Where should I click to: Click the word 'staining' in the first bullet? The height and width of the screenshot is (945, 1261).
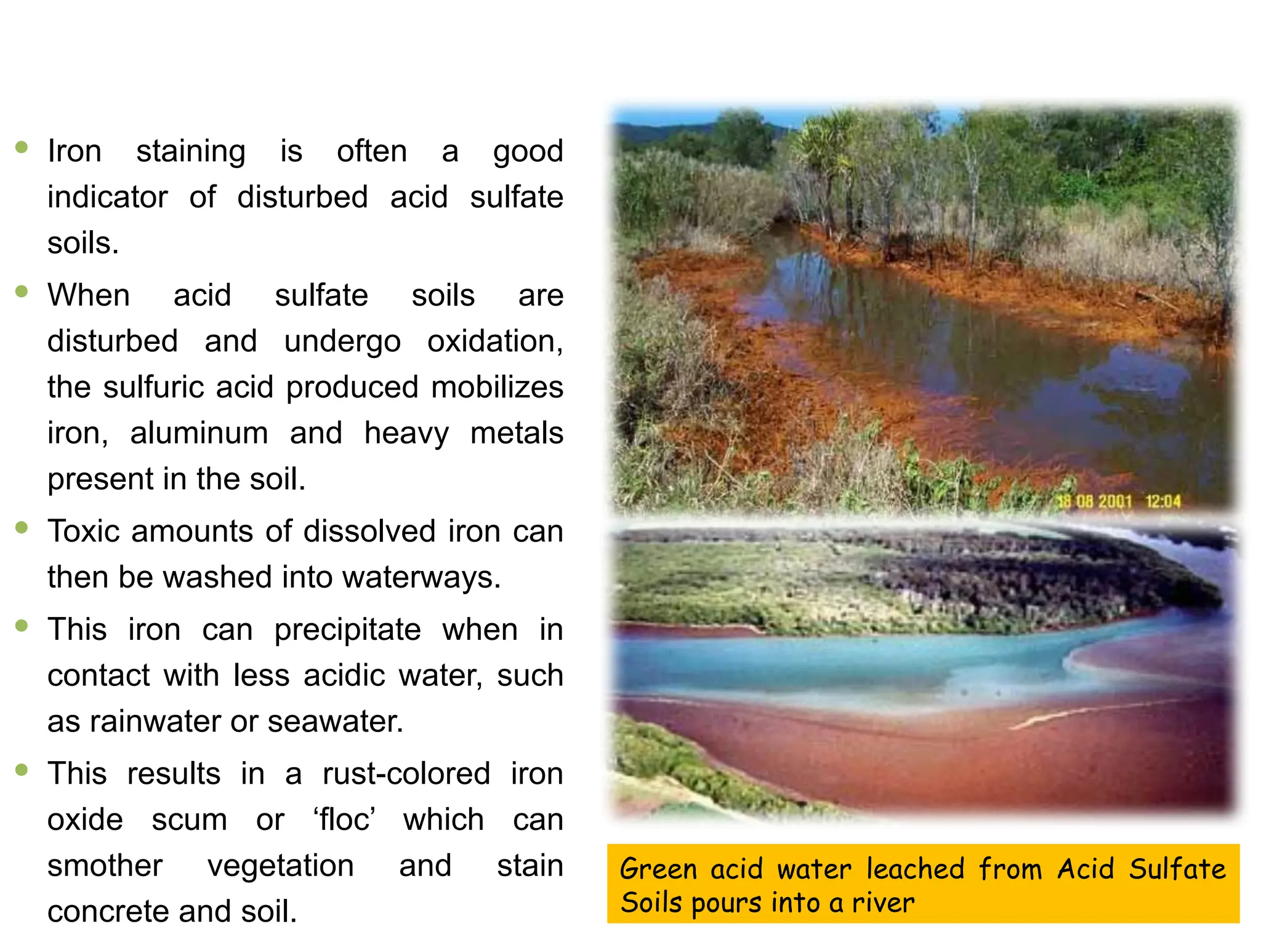190,151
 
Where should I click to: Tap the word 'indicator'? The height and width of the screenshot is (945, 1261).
107,197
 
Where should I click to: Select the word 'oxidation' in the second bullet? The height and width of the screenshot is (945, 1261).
494,341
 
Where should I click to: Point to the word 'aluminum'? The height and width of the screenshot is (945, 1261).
199,433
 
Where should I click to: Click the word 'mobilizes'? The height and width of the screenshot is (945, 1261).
497,388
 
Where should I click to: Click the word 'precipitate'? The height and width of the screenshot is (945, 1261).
347,629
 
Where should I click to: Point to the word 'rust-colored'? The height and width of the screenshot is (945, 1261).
406,773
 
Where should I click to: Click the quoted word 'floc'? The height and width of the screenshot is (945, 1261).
345,819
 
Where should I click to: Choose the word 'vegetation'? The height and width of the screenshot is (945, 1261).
280,866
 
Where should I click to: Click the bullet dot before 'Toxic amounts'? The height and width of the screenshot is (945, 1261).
22,527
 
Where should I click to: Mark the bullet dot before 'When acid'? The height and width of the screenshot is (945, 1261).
22,291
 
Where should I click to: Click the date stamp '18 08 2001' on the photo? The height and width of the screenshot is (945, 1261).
1094,501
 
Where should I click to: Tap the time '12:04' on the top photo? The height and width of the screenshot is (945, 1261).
1162,501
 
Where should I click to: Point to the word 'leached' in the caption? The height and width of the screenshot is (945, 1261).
915,869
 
